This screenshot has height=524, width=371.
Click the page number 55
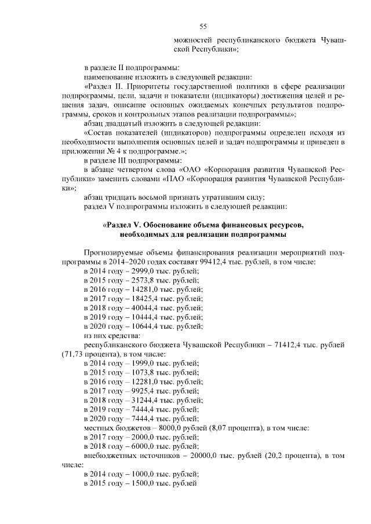[203, 25]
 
